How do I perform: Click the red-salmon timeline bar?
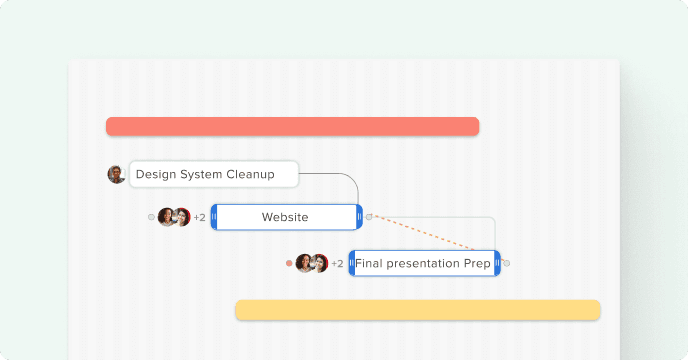point(292,126)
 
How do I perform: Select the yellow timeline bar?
point(418,310)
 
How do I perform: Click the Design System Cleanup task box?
point(214,174)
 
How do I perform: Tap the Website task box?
point(287,217)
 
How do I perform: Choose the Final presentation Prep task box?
point(424,263)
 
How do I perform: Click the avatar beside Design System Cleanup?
point(116,174)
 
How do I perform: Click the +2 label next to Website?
point(200,217)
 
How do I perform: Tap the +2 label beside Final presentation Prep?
point(337,263)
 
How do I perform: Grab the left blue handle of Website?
point(214,217)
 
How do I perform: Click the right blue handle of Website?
point(359,217)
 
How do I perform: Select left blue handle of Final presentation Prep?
point(352,263)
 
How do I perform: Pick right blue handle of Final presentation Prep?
point(497,263)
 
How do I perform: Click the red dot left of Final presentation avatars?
point(289,263)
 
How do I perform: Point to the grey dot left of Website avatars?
point(151,217)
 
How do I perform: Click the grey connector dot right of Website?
point(369,217)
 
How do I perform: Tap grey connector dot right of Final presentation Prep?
point(507,263)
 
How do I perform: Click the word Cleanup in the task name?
point(251,174)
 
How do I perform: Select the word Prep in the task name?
point(477,264)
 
